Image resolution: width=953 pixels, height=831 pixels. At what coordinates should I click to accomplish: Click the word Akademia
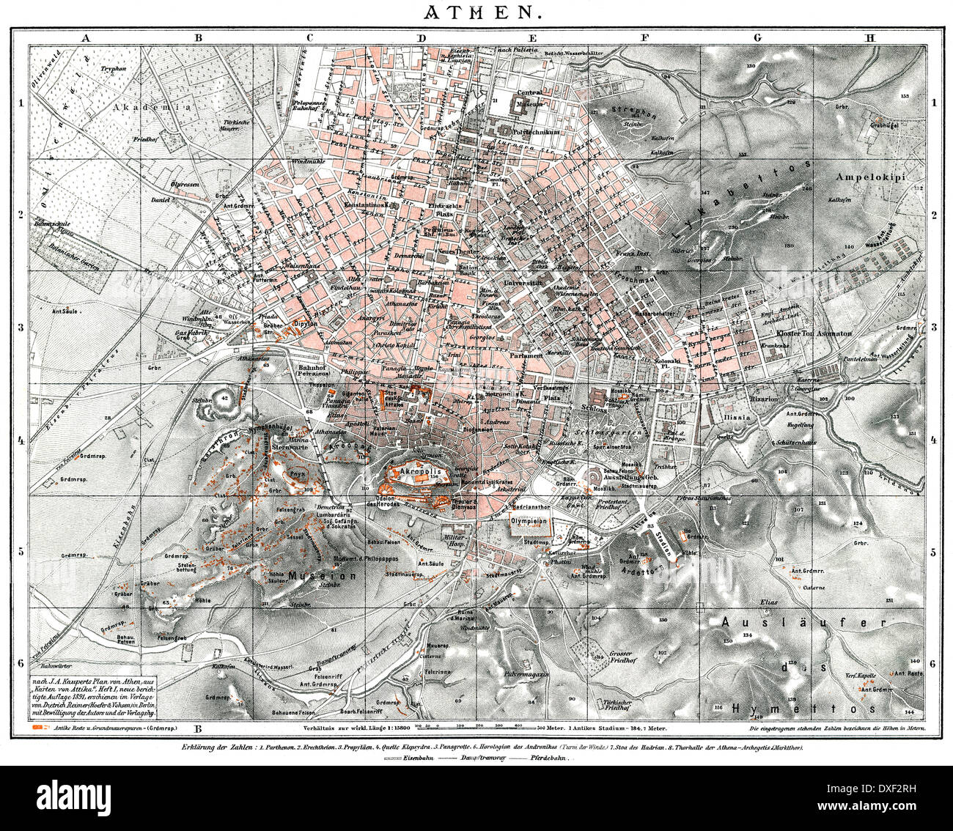(x=152, y=106)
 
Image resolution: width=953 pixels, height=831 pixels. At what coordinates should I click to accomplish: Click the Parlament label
(x=526, y=355)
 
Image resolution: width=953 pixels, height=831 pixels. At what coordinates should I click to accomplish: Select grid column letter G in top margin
(x=757, y=37)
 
